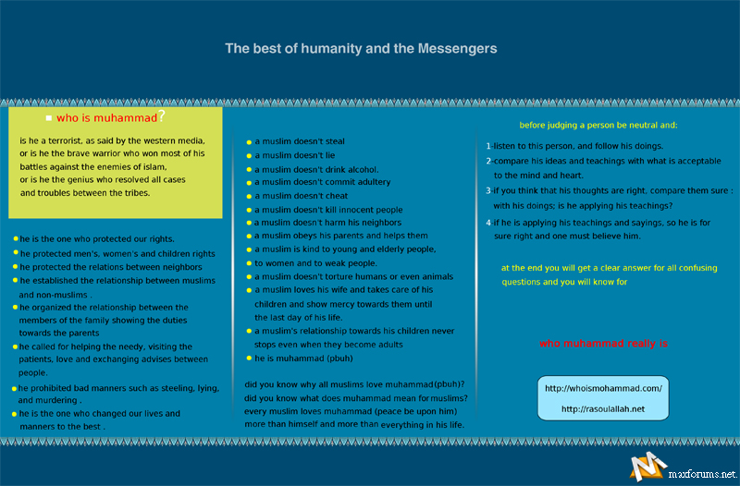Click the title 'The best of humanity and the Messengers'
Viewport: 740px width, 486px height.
362,48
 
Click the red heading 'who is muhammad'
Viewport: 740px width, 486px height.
105,118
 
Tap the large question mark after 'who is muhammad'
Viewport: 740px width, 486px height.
161,116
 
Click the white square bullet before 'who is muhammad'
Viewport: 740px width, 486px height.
48,118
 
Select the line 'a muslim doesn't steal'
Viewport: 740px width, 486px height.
300,141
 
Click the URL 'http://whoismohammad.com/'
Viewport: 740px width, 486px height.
603,388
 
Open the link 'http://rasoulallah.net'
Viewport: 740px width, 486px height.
603,408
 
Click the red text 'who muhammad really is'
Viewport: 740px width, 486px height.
603,344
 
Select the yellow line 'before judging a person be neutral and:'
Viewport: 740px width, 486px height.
598,125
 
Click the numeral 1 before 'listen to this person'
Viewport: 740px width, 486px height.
488,146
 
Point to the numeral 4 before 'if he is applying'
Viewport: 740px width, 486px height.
488,223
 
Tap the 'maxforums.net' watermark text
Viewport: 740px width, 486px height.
702,474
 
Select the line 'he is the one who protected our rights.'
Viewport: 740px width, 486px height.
97,238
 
